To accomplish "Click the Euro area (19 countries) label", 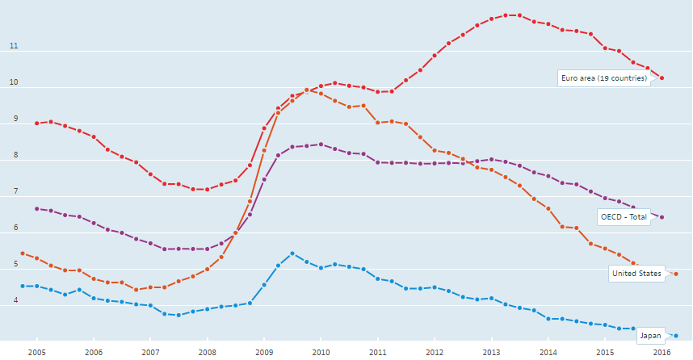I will (603, 78).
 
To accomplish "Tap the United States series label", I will (636, 274).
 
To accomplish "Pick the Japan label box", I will (650, 335).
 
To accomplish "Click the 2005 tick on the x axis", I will (36, 352).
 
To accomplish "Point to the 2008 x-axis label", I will (208, 352).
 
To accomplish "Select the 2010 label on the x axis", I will (321, 352).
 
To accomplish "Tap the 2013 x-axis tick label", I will (491, 352).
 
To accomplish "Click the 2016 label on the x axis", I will (661, 352).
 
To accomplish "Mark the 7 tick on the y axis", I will (14, 192).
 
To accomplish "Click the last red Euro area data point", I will (662, 78).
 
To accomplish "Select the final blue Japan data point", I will (675, 335).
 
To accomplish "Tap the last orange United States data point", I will (675, 274).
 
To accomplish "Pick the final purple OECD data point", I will (662, 217).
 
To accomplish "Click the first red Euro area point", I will (37, 123).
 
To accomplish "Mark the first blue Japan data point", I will (23, 286).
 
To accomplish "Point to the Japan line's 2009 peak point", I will (292, 253).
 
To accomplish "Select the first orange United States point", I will (23, 253).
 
